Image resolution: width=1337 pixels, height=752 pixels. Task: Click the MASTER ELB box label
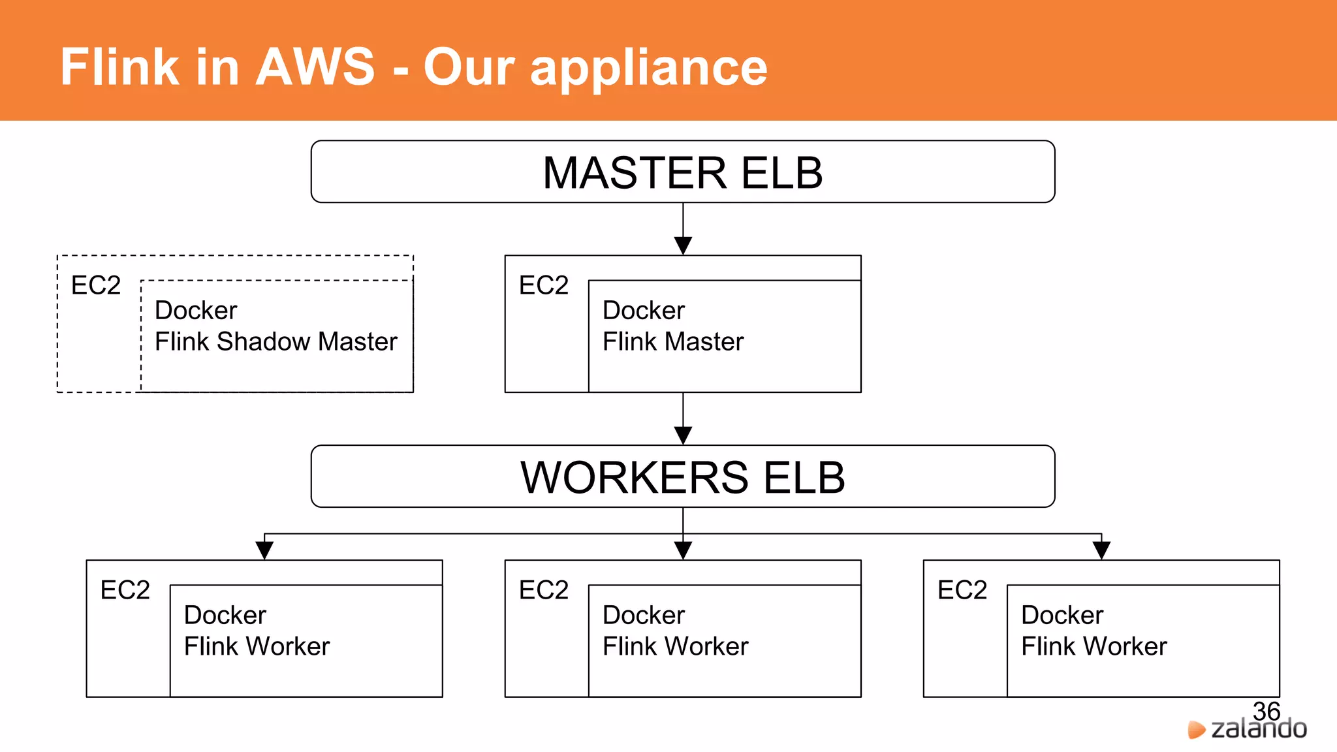click(682, 173)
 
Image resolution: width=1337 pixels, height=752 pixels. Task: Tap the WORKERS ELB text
click(682, 477)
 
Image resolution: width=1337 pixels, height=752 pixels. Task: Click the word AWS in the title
click(315, 67)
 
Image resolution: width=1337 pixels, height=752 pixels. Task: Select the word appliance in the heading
click(649, 68)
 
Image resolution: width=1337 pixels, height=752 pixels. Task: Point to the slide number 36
click(1266, 711)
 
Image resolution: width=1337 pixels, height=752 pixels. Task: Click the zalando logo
click(1248, 729)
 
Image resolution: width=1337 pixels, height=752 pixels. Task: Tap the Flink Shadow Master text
click(275, 341)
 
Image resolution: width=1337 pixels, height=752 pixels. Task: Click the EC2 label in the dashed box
click(96, 285)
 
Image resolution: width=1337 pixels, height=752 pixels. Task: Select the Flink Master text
click(672, 341)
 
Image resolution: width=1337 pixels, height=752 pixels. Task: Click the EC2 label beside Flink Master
click(543, 285)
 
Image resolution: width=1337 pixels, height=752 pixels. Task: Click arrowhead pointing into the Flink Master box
click(683, 246)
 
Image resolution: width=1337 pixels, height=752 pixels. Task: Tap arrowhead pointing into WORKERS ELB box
click(683, 435)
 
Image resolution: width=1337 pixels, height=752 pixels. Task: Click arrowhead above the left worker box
click(264, 550)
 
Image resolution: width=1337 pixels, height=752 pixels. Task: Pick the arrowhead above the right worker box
click(1101, 550)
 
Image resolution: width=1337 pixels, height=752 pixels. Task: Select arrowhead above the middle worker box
click(683, 550)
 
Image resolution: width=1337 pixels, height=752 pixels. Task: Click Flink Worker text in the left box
click(257, 646)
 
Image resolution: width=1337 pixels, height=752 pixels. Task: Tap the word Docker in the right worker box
click(1062, 615)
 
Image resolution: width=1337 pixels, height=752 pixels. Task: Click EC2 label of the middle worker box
click(543, 590)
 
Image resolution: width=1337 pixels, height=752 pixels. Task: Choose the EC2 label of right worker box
click(962, 590)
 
